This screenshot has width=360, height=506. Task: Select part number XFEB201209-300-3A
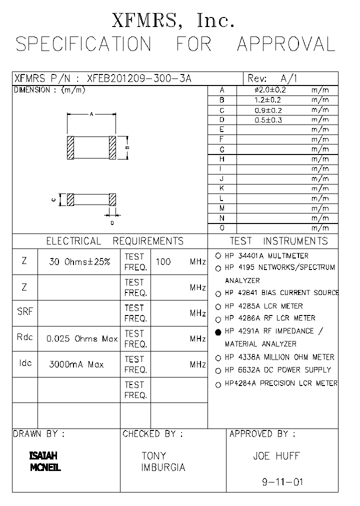click(138, 78)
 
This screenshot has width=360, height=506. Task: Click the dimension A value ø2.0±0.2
click(270, 90)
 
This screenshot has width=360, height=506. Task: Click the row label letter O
click(221, 228)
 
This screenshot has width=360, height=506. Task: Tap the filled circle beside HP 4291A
click(218, 332)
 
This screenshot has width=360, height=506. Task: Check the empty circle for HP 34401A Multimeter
click(218, 255)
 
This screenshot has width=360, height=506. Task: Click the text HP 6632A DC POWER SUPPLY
click(278, 370)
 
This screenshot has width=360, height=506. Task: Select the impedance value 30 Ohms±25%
click(80, 261)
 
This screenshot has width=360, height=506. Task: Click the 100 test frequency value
click(163, 261)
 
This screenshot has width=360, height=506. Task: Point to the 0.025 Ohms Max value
click(82, 338)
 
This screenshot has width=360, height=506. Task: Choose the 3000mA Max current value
click(76, 364)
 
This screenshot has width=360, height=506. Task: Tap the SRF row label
click(25, 311)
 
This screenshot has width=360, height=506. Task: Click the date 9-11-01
click(282, 482)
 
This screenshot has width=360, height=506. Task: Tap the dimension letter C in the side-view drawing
click(53, 199)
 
